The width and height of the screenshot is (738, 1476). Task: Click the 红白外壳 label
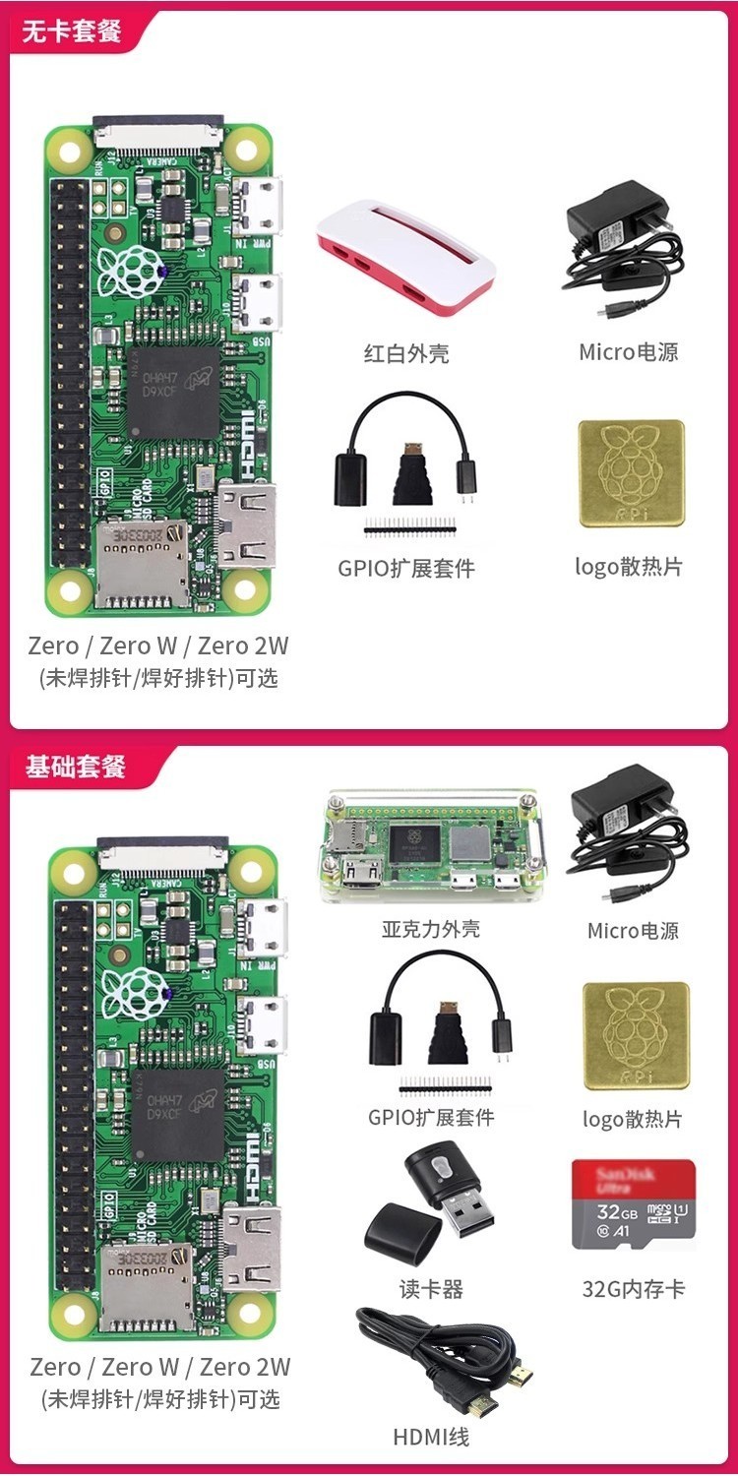coord(406,353)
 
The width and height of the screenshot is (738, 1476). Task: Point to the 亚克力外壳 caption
coord(431,929)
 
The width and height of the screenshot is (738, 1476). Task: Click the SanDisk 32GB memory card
coord(634,1204)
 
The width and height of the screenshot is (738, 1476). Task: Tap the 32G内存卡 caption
coord(633,1288)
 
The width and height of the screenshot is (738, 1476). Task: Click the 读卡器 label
coord(431,1289)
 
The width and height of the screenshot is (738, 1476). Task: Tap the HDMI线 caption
coord(431,1437)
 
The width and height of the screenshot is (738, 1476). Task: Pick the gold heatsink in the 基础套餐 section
coord(636,1036)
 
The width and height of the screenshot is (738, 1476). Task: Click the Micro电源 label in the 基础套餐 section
coord(633,931)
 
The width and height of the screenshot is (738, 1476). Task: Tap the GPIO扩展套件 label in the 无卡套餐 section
coord(406,569)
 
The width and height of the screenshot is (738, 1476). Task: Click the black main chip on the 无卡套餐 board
coord(173,393)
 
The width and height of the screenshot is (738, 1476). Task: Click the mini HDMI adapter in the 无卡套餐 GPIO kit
coord(407,472)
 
